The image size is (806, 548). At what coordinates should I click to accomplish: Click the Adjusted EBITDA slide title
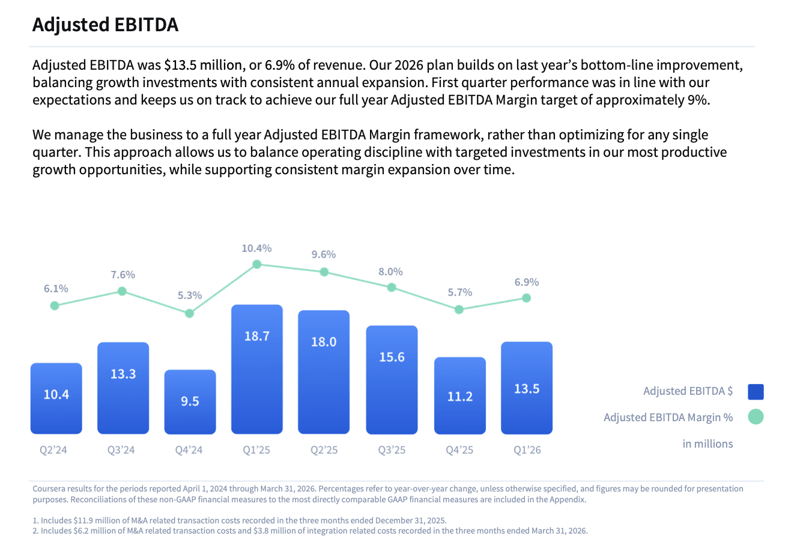tap(105, 25)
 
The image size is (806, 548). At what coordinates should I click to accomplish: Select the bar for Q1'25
tap(257, 369)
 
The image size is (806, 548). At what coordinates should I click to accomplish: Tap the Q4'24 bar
tap(190, 401)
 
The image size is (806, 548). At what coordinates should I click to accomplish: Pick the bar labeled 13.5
tap(527, 388)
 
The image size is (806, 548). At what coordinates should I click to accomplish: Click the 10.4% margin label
tap(256, 248)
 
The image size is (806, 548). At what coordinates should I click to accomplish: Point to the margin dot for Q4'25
tap(459, 309)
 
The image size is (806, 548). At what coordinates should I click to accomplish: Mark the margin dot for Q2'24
tap(55, 305)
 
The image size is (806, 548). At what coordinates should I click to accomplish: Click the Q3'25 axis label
tap(392, 450)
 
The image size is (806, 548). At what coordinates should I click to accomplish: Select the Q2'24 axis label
tap(53, 450)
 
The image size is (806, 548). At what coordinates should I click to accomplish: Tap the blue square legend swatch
tap(756, 392)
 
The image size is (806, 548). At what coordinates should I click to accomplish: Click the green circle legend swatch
tap(756, 417)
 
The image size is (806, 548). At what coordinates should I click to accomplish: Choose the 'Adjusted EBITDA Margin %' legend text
tap(668, 418)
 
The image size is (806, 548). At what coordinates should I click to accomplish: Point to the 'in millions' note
tap(708, 444)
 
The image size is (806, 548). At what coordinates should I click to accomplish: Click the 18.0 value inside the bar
tap(324, 342)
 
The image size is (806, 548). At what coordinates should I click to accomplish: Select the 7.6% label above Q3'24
tap(123, 275)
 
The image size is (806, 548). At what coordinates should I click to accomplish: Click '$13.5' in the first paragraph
tap(180, 65)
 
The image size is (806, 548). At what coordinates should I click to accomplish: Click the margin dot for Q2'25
tap(324, 272)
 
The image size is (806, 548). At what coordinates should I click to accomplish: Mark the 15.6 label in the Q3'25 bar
tap(392, 357)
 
